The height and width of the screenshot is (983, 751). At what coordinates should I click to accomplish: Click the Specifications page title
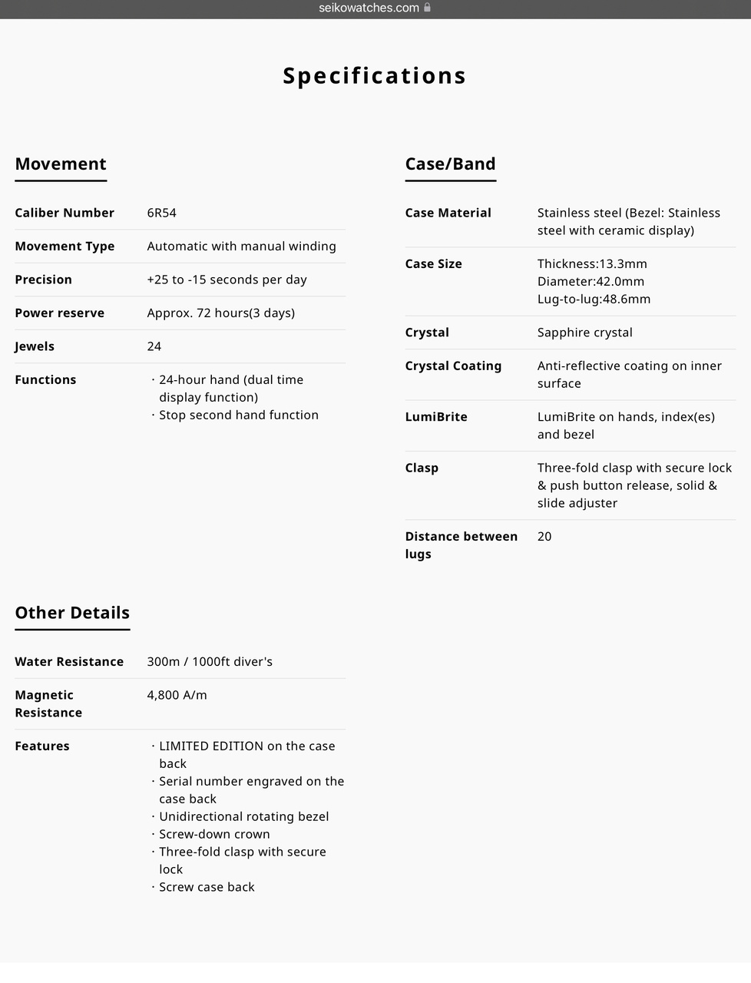[375, 75]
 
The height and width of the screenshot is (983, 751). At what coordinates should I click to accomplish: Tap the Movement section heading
[61, 164]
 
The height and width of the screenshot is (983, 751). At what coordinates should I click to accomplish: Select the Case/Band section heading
[450, 164]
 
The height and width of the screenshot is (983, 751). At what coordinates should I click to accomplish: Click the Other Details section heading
[72, 612]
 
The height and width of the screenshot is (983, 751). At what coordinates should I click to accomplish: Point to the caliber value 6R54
[161, 213]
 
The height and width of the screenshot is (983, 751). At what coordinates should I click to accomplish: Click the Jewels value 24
[154, 346]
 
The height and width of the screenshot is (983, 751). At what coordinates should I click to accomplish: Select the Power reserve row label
[59, 313]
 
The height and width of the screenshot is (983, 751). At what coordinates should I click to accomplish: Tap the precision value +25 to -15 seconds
[227, 280]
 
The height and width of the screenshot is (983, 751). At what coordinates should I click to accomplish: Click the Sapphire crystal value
[584, 333]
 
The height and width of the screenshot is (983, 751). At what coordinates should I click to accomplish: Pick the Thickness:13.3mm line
[592, 263]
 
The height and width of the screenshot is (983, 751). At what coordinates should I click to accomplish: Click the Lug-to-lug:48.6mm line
[594, 299]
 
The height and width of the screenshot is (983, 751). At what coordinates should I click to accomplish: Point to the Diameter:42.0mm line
[591, 281]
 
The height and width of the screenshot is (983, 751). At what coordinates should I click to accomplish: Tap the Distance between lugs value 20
[544, 536]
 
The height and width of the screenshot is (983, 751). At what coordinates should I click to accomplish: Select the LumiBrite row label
[436, 416]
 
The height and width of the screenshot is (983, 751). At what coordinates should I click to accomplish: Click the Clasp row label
[422, 468]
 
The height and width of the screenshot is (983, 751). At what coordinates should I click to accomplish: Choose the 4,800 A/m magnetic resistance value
[177, 695]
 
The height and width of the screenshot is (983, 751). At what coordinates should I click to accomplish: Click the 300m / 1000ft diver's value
[210, 661]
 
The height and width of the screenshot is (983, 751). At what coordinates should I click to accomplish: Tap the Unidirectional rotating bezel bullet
[243, 816]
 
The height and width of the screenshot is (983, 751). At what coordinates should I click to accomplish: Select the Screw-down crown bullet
[214, 834]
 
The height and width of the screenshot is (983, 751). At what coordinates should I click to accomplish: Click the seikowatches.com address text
[369, 8]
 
